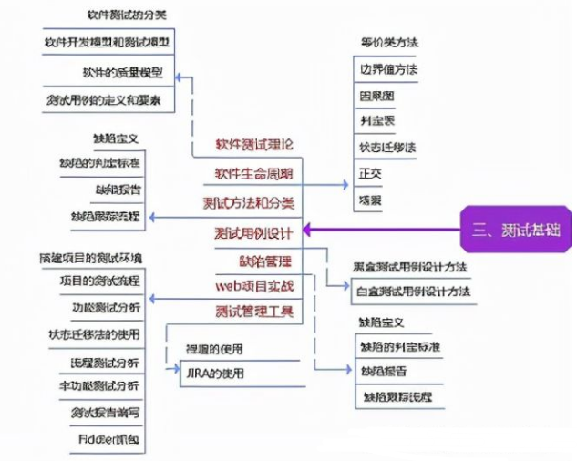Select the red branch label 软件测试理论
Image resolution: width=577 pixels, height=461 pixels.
(254, 144)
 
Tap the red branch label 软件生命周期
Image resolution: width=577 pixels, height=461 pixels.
(254, 173)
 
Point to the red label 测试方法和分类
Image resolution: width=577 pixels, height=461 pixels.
(254, 201)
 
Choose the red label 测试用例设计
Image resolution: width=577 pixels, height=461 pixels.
(254, 230)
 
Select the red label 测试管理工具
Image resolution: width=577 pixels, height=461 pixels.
(255, 312)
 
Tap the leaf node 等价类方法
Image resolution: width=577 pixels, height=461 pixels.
(389, 42)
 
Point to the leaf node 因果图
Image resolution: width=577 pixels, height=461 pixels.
(376, 95)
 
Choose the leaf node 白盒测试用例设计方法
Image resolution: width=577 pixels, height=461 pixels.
(411, 292)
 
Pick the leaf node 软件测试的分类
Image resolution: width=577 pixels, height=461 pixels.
(128, 15)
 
